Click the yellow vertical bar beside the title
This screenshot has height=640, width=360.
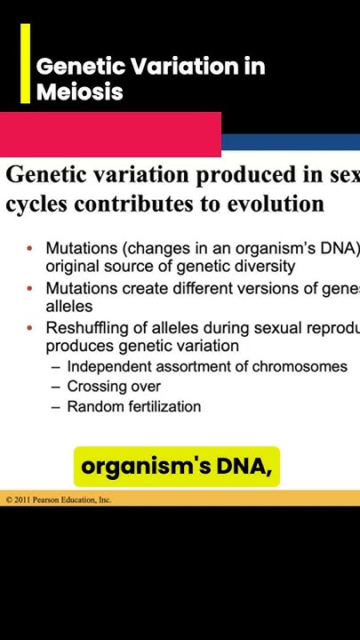pos(25,63)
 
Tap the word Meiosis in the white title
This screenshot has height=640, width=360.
pos(79,92)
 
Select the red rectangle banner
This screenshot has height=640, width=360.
pos(110,134)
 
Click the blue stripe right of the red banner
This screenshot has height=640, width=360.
pos(290,142)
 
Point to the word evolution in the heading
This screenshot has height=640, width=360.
pos(275,204)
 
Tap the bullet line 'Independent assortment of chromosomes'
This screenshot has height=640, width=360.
pos(207,366)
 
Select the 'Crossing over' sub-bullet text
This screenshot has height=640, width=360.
pos(114,387)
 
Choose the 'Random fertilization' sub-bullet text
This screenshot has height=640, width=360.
pos(133,406)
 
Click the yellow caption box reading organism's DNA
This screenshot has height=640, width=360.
pos(176,467)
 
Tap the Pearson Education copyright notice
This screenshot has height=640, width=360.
pos(58,500)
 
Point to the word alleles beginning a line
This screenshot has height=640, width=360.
pos(69,306)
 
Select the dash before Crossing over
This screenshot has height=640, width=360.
pos(57,387)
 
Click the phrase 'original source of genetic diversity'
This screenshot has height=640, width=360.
pos(171,266)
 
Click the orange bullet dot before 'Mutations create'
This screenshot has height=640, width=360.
pos(29,289)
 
